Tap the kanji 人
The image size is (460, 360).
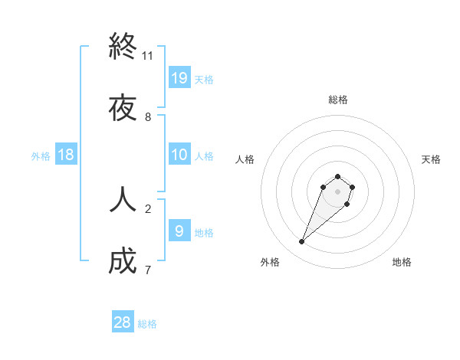(123, 198)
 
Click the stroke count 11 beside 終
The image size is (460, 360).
(148, 56)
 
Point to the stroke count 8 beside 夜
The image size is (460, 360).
(148, 117)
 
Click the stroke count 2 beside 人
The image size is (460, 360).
(148, 208)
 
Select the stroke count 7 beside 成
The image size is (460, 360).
(148, 270)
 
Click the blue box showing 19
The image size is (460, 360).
(179, 78)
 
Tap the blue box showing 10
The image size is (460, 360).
(179, 155)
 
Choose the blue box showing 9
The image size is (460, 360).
(179, 231)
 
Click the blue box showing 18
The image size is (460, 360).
(66, 155)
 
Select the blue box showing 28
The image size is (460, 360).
(123, 322)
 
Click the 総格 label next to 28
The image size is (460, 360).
(147, 324)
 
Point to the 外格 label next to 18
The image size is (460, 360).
(41, 156)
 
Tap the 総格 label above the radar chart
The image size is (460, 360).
(338, 100)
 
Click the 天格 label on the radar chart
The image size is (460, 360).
(431, 159)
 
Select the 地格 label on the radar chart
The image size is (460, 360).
(402, 262)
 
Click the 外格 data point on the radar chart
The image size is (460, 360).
(302, 242)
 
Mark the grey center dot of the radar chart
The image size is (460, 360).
(338, 191)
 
